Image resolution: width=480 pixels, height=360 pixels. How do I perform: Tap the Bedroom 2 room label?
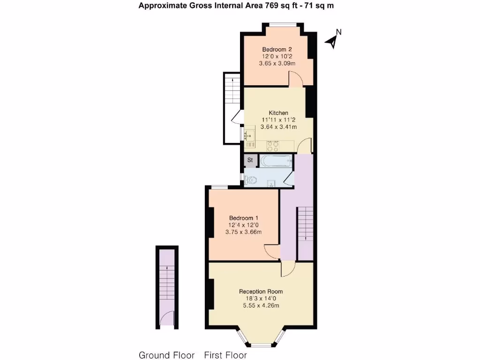coord(277,49)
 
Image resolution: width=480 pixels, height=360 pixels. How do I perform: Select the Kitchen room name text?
coord(278,113)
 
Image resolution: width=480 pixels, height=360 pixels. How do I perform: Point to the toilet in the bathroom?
coord(251,180)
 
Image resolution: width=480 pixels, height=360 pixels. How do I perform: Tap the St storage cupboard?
coord(250,160)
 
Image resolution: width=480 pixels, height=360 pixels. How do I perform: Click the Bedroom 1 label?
coord(244,218)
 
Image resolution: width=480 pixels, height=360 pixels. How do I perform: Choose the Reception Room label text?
coord(261,292)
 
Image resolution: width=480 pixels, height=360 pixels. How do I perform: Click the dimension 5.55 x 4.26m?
coord(261,306)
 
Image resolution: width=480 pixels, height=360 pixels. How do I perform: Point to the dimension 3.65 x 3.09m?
coord(277,63)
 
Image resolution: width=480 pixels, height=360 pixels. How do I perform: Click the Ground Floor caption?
coord(166,355)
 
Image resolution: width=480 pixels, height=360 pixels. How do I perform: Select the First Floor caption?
coord(225,355)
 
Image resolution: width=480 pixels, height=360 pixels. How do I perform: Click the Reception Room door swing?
coord(287,269)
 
